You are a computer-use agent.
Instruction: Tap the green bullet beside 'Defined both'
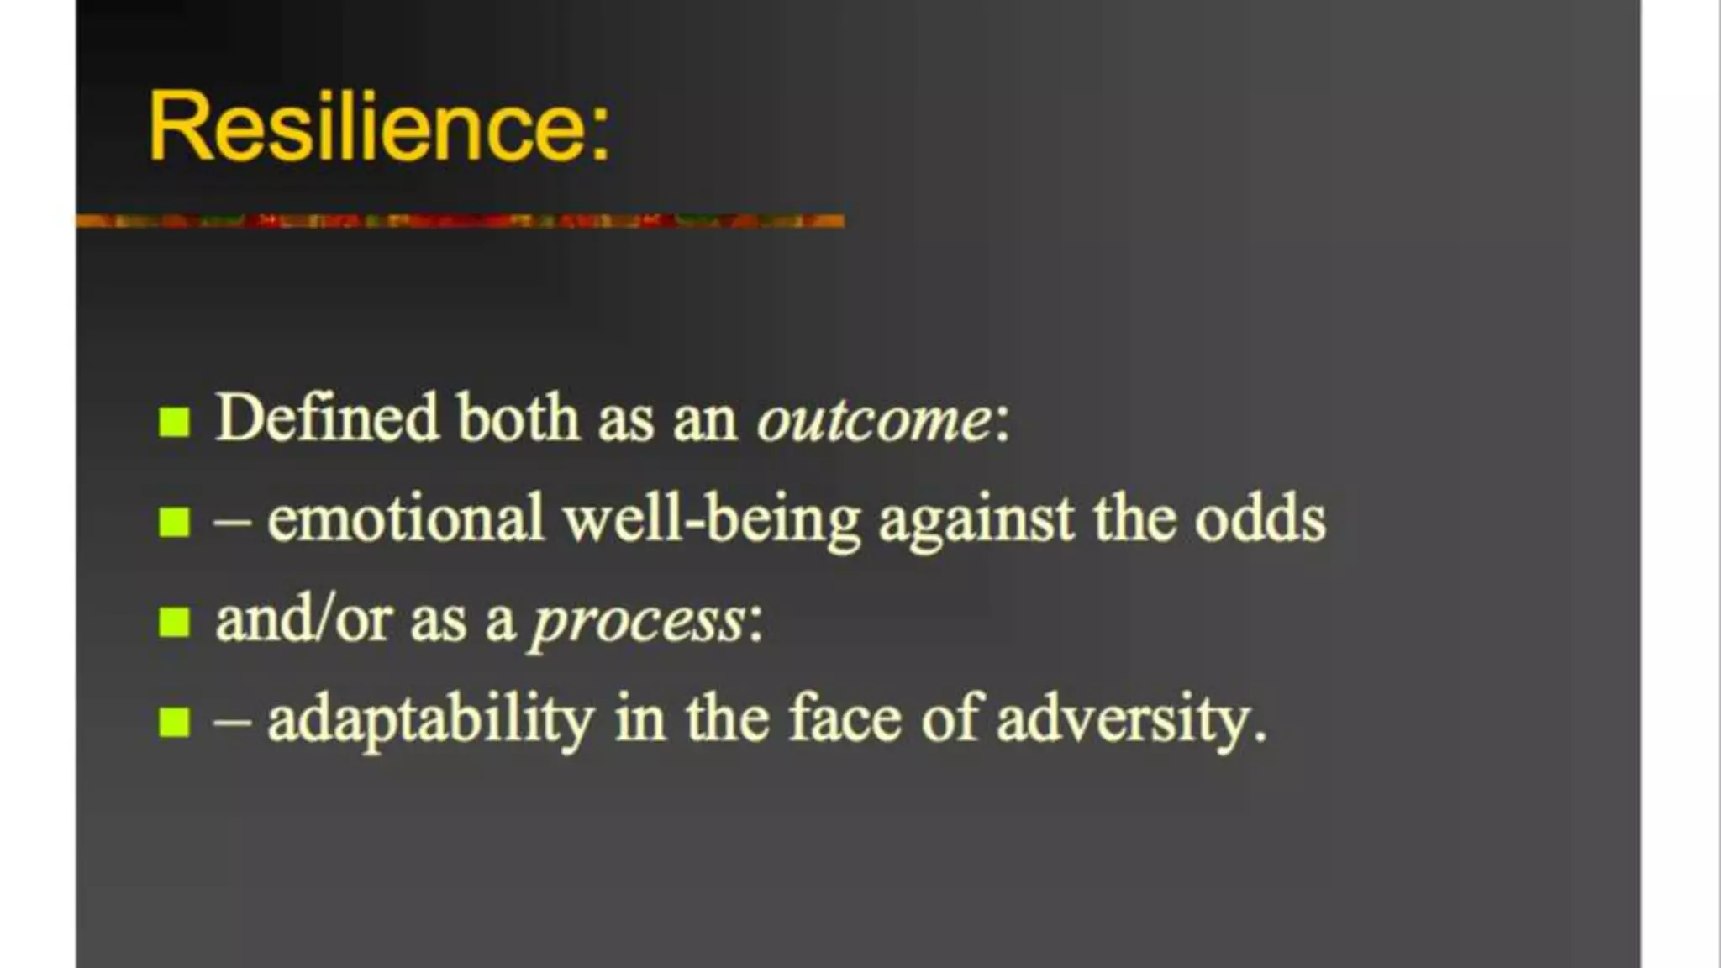tap(174, 421)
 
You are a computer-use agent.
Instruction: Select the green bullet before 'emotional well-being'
tap(174, 521)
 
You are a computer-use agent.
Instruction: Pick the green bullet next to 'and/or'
tap(174, 622)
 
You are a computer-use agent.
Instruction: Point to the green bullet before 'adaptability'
tap(174, 721)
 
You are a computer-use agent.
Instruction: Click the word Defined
tap(327, 418)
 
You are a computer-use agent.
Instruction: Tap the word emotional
tap(406, 518)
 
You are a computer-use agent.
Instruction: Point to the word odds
tap(1260, 518)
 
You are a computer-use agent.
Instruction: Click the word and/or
tap(303, 620)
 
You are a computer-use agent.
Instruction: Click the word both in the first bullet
tap(518, 418)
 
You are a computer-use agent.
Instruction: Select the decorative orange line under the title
tap(460, 220)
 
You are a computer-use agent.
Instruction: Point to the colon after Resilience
tap(598, 134)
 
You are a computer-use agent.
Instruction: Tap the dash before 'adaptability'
tap(233, 721)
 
